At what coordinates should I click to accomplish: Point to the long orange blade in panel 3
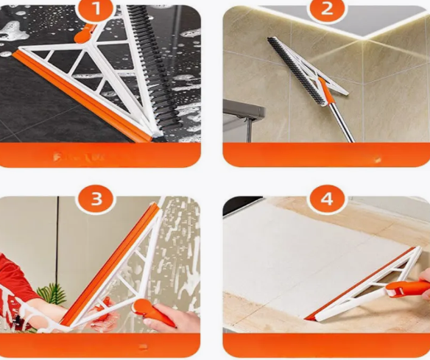pyautogui.click(x=110, y=265)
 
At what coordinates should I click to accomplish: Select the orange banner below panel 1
pyautogui.click(x=101, y=155)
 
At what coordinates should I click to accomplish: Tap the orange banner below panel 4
pyautogui.click(x=326, y=345)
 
